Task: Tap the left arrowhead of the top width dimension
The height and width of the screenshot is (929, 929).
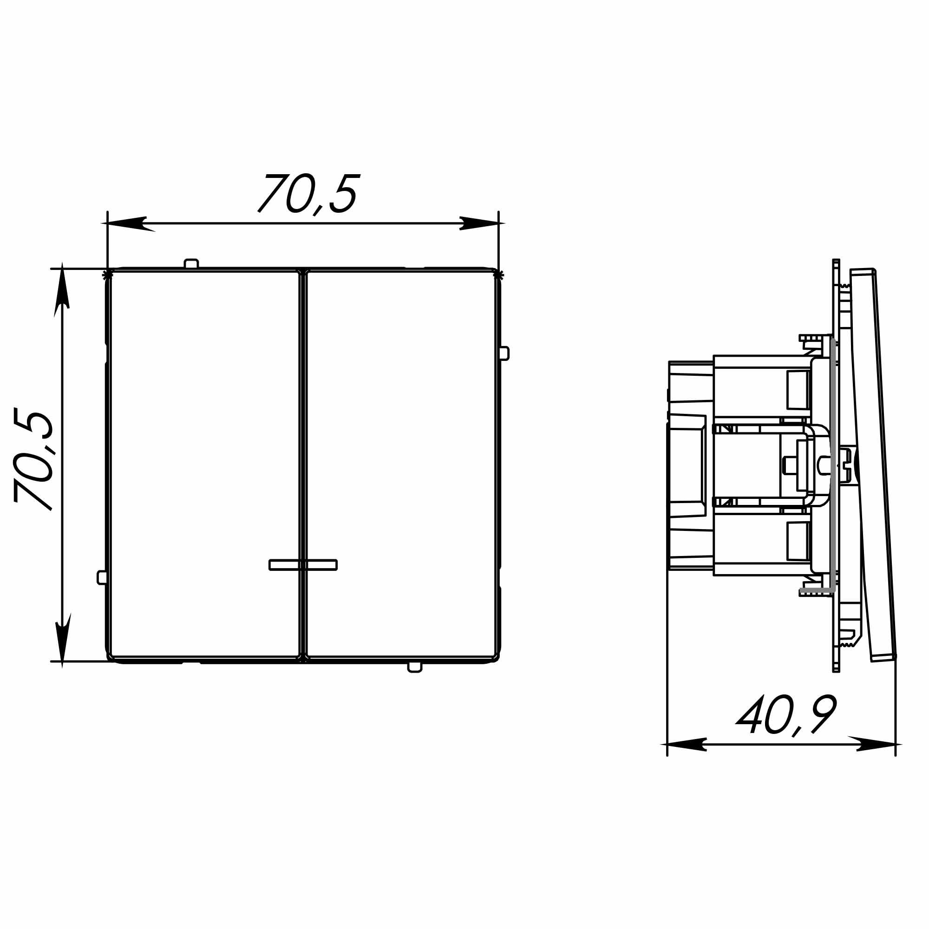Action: click(128, 223)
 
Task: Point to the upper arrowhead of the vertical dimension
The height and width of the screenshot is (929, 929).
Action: click(62, 289)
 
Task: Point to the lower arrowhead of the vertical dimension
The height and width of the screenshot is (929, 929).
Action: click(63, 640)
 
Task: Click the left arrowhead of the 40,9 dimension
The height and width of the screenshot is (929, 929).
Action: click(685, 744)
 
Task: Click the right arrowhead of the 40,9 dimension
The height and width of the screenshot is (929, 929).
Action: click(875, 744)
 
